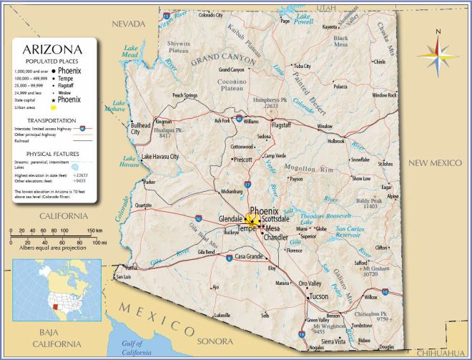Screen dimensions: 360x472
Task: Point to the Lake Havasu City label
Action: (160, 157)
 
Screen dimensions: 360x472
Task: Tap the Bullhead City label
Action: (141, 128)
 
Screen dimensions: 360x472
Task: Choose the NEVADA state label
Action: (127, 24)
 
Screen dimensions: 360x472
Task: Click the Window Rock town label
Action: (383, 95)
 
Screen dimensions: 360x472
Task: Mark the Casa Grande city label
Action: (250, 256)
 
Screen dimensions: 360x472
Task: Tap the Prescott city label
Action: (243, 160)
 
